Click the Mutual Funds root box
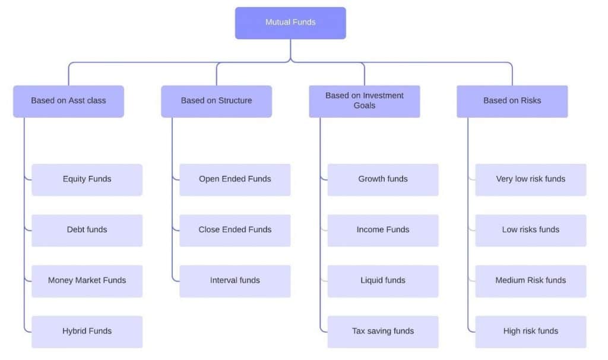(290, 23)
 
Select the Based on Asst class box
(68, 101)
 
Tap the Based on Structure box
(216, 101)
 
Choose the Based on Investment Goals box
(364, 101)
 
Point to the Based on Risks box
(512, 101)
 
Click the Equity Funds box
(87, 179)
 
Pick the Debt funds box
(87, 230)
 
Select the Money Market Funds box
(87, 280)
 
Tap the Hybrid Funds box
(87, 331)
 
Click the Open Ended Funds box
(235, 179)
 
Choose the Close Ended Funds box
(235, 230)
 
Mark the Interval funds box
(235, 280)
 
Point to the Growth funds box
(383, 179)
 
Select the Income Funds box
(383, 230)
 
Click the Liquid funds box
(383, 280)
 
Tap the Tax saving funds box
(383, 331)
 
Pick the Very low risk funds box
(530, 179)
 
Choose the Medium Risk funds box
(530, 280)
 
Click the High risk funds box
(530, 331)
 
